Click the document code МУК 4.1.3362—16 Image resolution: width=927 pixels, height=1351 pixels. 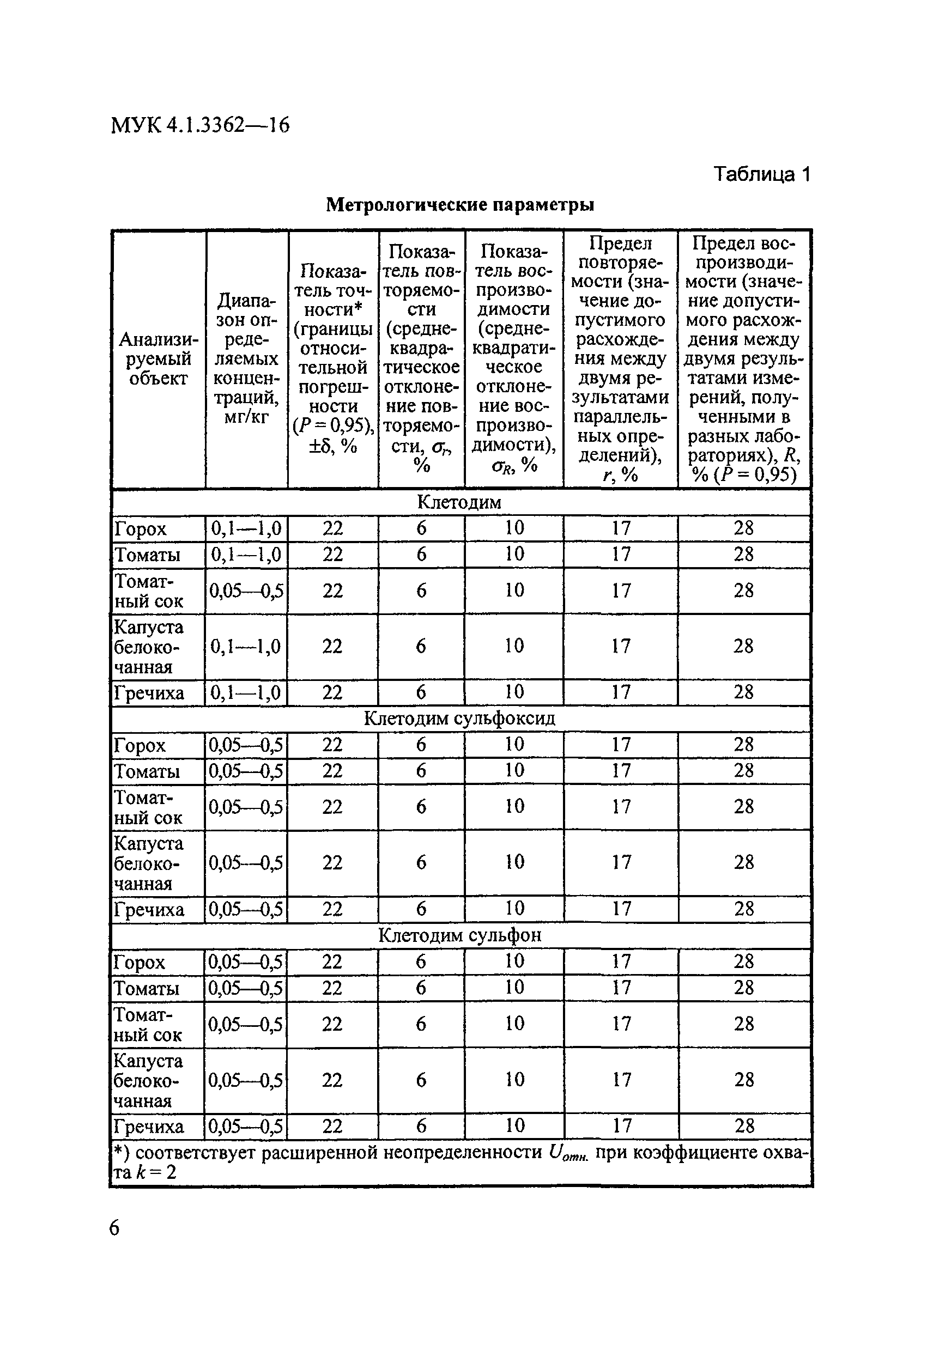pos(199,125)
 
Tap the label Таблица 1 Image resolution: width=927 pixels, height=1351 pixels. pos(761,174)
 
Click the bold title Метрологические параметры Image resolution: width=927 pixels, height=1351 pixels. pos(459,205)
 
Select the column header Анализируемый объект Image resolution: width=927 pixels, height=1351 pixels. pos(158,358)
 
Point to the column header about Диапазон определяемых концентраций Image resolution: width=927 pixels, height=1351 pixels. pos(246,358)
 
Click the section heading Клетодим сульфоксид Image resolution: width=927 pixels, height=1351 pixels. pos(459,719)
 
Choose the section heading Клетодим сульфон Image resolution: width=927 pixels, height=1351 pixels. pos(459,935)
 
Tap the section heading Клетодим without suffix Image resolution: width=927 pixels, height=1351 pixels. pos(459,502)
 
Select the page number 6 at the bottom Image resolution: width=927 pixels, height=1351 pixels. pos(114,1227)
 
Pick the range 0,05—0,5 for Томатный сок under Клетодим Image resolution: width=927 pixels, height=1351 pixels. pos(246,591)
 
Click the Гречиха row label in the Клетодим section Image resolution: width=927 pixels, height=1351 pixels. pos(149,693)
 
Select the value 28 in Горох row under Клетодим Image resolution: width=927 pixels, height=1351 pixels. pos(744,528)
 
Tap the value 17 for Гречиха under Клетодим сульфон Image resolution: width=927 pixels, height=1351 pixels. pos(622,1126)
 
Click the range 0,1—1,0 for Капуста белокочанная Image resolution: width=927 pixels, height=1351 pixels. pos(246,647)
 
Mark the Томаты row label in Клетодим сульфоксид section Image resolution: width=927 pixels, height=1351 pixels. pos(147,771)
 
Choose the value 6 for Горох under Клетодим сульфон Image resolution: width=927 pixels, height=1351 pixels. pos(421,961)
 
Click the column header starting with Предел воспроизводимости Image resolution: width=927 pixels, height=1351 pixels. pos(744,358)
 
